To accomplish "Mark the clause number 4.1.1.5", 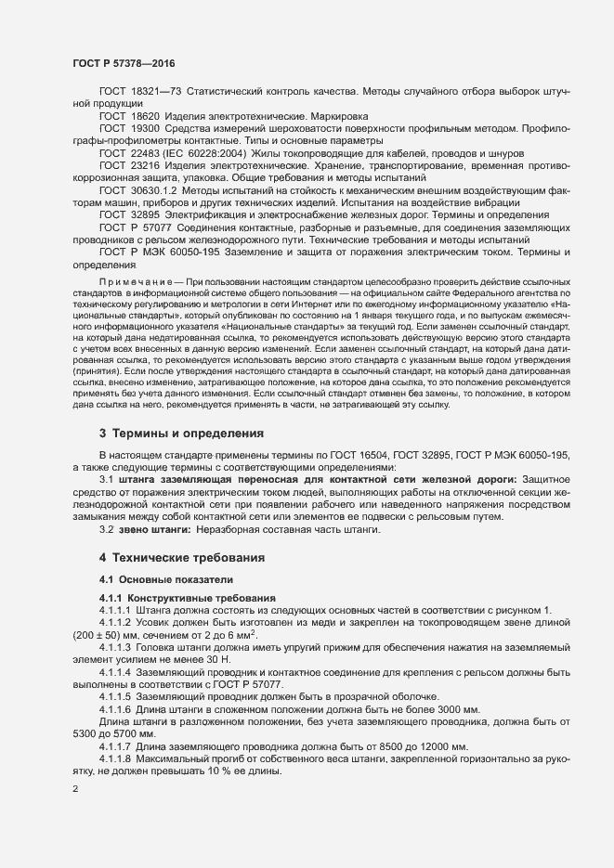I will [115, 696].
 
